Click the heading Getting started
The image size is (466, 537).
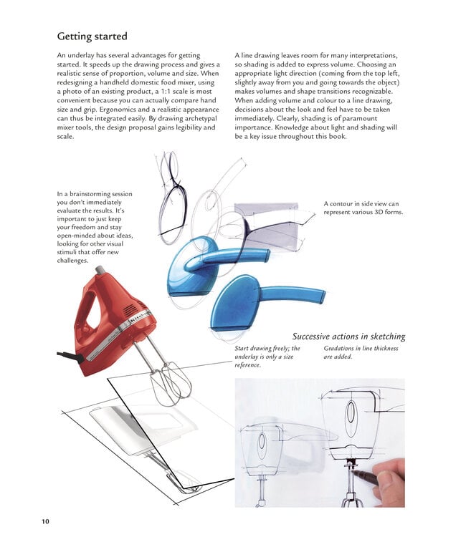pyautogui.click(x=92, y=36)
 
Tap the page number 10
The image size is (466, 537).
pyautogui.click(x=45, y=521)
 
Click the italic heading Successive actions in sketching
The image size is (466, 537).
pyautogui.click(x=348, y=336)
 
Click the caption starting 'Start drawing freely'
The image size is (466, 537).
pyautogui.click(x=267, y=357)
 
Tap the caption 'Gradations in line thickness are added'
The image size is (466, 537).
pyautogui.click(x=361, y=352)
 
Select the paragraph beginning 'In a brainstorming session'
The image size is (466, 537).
pyautogui.click(x=95, y=227)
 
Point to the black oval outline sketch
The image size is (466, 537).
pyautogui.click(x=173, y=211)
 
